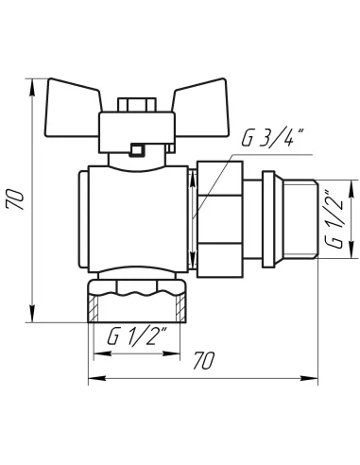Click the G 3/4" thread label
point(272,138)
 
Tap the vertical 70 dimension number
point(15,199)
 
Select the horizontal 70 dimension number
point(204,360)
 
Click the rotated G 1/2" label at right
point(334,219)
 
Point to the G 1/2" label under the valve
point(137,336)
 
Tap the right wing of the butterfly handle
point(200,108)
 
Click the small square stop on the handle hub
point(137,149)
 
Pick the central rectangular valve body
point(138,219)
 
